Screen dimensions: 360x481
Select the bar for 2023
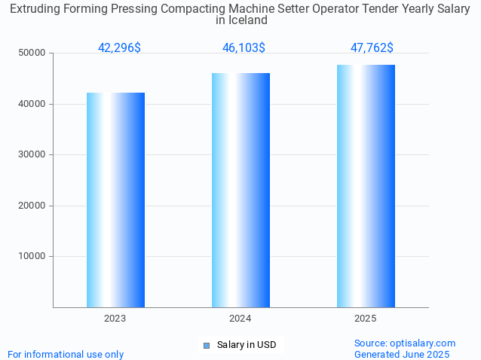point(115,200)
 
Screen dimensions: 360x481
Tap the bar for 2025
point(366,186)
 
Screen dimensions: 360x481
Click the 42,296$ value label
point(119,47)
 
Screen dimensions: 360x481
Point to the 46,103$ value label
point(244,47)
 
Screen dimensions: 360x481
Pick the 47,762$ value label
point(372,47)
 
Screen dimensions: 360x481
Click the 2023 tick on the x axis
point(115,319)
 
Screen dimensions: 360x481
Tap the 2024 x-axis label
point(240,319)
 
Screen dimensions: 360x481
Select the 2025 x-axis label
point(366,319)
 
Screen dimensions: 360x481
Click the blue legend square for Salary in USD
point(206,345)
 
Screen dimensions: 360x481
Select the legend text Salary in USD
point(247,345)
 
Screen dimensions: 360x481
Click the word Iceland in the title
point(249,20)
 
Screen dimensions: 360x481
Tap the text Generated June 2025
point(402,354)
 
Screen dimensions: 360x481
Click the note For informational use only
point(66,354)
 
